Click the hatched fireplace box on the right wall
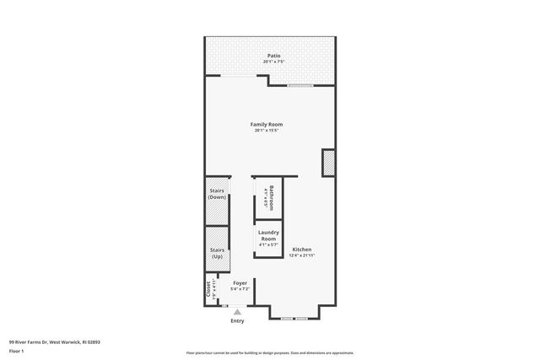pos(328,163)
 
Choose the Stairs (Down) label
pos(217,194)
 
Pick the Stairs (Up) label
pos(217,253)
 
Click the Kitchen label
pos(302,250)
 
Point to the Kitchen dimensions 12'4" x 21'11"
pos(302,255)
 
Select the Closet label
pos(208,289)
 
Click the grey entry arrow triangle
pos(237,312)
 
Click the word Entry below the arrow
pos(237,321)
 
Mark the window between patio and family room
pos(300,86)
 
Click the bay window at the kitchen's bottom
pos(294,318)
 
